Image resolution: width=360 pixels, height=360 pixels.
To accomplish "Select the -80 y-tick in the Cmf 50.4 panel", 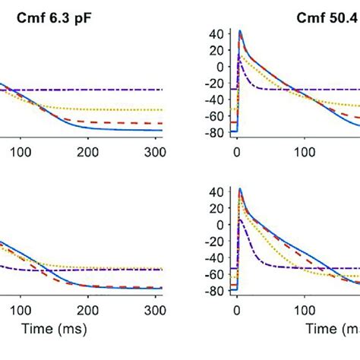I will [216, 131].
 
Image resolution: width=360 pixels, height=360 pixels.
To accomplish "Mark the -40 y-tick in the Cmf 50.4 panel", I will [216, 99].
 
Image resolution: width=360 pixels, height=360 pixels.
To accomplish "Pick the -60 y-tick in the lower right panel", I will [216, 274].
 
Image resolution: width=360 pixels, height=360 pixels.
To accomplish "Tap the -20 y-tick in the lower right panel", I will [216, 242].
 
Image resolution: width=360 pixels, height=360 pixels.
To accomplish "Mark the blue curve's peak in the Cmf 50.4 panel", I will [240, 31].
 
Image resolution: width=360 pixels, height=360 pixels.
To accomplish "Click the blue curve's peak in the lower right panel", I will [240, 189].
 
